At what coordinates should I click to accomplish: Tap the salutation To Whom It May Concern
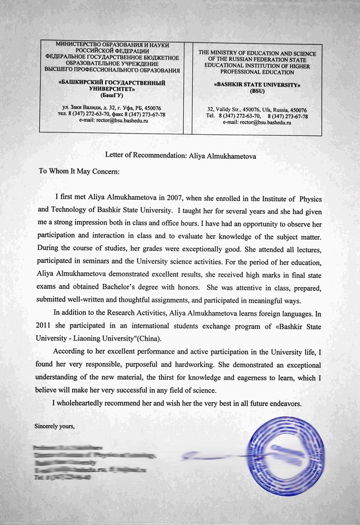(79, 170)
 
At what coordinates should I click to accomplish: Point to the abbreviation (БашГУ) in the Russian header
(113, 95)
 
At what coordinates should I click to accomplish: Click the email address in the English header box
(257, 123)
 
